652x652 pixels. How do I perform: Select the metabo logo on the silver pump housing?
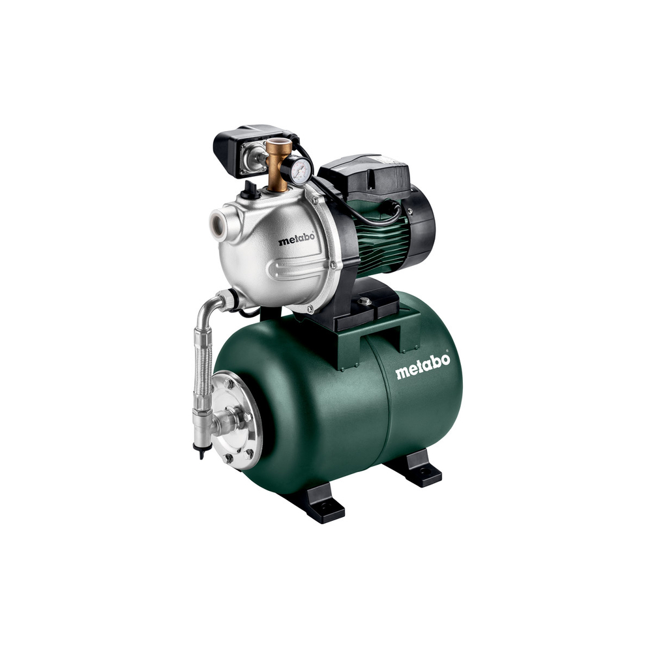pyautogui.click(x=296, y=239)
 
